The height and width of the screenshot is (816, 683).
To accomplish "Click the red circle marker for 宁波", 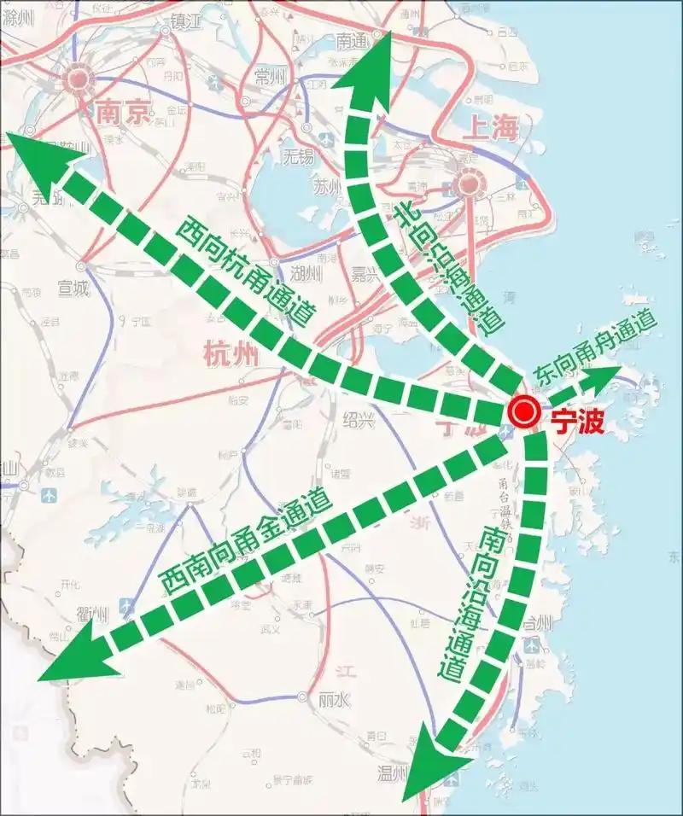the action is click(522, 414).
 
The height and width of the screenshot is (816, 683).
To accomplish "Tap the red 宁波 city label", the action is click(577, 419).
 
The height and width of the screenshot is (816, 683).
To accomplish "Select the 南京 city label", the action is click(123, 113).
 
